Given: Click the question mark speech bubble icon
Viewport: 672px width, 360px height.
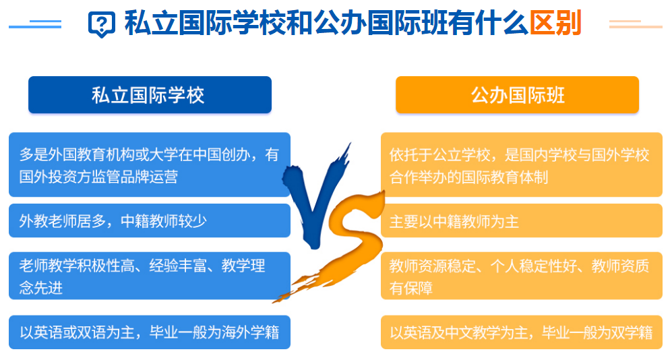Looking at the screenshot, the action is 101,24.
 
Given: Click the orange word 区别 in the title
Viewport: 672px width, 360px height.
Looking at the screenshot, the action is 555,23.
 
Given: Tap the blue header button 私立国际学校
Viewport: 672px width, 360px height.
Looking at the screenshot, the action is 150,94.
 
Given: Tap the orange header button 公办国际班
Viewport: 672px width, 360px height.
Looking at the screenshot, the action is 517,94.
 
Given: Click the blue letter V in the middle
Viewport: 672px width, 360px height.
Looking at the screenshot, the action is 315,202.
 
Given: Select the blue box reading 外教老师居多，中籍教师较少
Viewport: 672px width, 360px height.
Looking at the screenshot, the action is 150,220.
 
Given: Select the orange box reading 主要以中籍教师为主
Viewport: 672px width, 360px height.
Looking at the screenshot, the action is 522,220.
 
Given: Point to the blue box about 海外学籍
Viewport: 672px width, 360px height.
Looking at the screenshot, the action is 150,332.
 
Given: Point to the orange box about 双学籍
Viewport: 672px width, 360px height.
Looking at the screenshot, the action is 522,332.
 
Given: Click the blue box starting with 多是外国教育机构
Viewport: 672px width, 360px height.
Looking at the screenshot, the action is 150,164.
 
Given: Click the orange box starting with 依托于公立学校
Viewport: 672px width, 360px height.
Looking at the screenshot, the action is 522,164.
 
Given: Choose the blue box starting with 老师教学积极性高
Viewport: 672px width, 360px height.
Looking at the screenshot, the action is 150,276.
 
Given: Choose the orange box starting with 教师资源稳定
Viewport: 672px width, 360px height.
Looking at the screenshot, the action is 522,276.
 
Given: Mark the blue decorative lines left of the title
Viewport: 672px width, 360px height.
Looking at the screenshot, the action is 35,24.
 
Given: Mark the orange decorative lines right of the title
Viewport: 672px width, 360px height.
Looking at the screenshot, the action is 636,24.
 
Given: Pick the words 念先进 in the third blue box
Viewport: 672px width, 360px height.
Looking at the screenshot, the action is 41,288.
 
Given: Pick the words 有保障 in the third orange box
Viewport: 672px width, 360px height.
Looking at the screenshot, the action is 411,288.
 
